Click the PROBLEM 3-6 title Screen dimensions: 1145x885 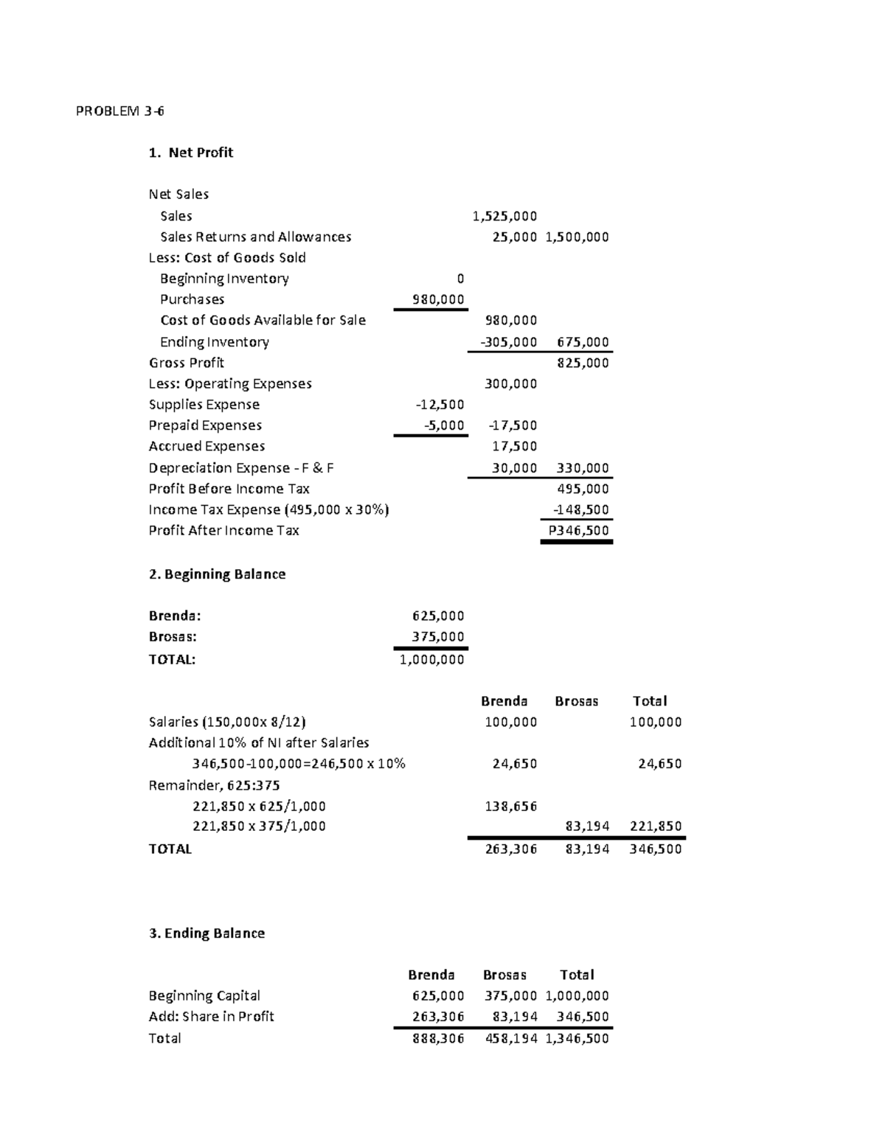(x=120, y=111)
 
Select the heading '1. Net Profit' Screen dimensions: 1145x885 (x=190, y=153)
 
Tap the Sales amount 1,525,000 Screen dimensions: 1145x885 (x=504, y=216)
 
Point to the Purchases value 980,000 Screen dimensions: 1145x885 (x=438, y=299)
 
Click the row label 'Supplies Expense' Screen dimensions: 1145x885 (x=204, y=405)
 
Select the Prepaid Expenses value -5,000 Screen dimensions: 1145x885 (x=444, y=425)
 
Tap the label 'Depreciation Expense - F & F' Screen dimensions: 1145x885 (x=241, y=468)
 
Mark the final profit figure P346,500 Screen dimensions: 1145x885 (x=578, y=531)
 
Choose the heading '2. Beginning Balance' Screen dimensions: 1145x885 (x=217, y=574)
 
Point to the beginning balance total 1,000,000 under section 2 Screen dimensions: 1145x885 (x=432, y=660)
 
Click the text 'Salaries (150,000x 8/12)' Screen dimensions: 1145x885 (x=227, y=722)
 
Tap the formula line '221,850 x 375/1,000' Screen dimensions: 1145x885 (x=259, y=826)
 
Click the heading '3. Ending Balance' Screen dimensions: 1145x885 (x=206, y=933)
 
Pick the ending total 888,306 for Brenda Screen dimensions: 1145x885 (x=438, y=1039)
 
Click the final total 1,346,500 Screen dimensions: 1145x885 (x=577, y=1039)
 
